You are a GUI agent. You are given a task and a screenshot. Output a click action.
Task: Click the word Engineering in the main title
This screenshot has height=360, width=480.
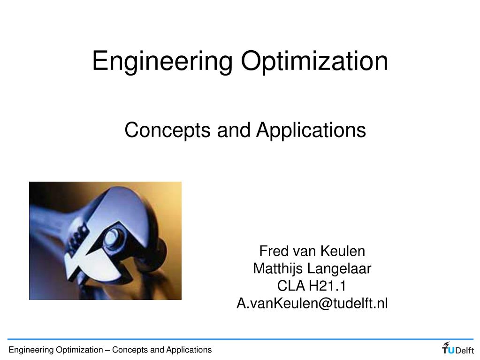[162, 61]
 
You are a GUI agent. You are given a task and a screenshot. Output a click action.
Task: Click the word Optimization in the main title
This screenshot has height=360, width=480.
[314, 61]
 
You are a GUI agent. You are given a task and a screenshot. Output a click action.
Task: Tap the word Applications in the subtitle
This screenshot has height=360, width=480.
[311, 130]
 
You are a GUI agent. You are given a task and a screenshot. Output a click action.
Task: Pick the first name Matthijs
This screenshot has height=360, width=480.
[278, 268]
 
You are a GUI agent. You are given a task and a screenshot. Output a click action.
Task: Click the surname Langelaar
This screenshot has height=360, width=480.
[339, 268]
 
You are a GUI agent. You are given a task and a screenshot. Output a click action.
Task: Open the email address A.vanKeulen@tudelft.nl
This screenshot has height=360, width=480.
[312, 303]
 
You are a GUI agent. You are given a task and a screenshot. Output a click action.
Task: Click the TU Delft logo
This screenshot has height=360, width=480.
[458, 349]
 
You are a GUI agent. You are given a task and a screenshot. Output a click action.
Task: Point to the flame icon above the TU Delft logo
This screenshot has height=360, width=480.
[446, 343]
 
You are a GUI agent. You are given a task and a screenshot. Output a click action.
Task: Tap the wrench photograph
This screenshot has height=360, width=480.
[105, 240]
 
